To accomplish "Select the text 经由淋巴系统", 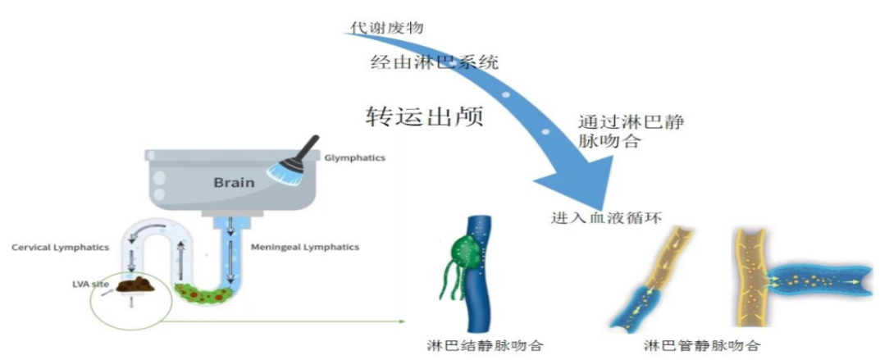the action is pyautogui.click(x=435, y=62).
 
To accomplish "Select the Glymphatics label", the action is pyautogui.click(x=354, y=157).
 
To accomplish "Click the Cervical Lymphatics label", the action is pyautogui.click(x=60, y=248).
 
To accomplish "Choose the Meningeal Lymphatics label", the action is pyautogui.click(x=305, y=247).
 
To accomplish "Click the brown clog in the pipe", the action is pyautogui.click(x=137, y=285).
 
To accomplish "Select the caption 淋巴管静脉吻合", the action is pyautogui.click(x=703, y=344).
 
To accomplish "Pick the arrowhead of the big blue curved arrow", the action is pyautogui.click(x=578, y=180).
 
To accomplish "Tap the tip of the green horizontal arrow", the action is pyautogui.click(x=404, y=322).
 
